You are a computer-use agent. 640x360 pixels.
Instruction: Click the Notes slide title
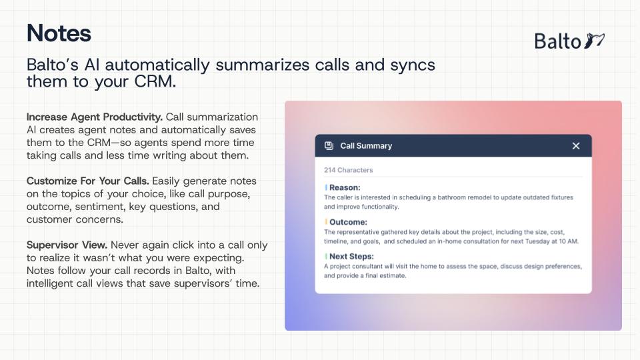(59, 33)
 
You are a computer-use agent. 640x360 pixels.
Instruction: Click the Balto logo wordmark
(557, 41)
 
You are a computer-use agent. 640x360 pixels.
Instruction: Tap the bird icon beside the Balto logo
(594, 41)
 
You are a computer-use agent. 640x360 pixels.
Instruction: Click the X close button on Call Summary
(576, 146)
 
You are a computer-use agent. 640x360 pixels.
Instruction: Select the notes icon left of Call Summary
(329, 146)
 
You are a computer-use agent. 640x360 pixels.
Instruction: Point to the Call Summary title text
(366, 146)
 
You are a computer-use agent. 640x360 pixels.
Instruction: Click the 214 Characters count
(349, 170)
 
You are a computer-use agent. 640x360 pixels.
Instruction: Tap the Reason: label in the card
(345, 187)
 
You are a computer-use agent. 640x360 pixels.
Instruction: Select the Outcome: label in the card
(348, 222)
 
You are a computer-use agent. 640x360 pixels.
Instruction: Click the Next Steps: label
(351, 256)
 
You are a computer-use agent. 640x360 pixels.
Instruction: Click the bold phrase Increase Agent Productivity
(94, 117)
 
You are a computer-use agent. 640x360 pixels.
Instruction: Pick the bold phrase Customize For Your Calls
(88, 181)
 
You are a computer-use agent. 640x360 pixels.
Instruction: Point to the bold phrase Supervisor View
(67, 245)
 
